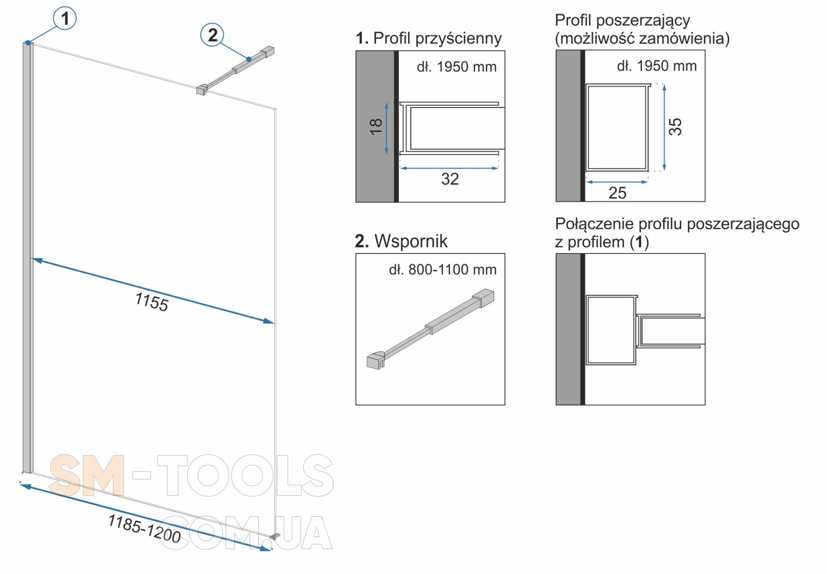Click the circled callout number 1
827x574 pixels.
pyautogui.click(x=64, y=19)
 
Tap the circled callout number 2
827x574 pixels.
pyautogui.click(x=213, y=35)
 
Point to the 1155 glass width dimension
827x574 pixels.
pyautogui.click(x=151, y=302)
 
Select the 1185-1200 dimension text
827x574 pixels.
pyautogui.click(x=145, y=529)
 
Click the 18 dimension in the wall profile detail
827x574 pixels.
pyautogui.click(x=376, y=126)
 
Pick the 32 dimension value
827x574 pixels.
pyautogui.click(x=450, y=179)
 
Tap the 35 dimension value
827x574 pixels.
pyautogui.click(x=675, y=127)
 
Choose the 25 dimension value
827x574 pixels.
pyautogui.click(x=617, y=193)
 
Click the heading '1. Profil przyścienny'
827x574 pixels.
pyautogui.click(x=429, y=38)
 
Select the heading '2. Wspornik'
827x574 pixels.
pyautogui.click(x=401, y=241)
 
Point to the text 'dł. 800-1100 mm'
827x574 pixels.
pyautogui.click(x=443, y=270)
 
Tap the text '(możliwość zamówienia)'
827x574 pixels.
pyautogui.click(x=643, y=39)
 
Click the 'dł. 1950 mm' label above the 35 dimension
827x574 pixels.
pyautogui.click(x=657, y=66)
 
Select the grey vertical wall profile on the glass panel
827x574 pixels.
pyautogui.click(x=27, y=257)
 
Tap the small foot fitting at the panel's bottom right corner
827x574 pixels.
pyautogui.click(x=274, y=536)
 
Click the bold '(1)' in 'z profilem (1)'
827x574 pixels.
pyautogui.click(x=639, y=242)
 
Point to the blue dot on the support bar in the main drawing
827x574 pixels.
pyautogui.click(x=249, y=59)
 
